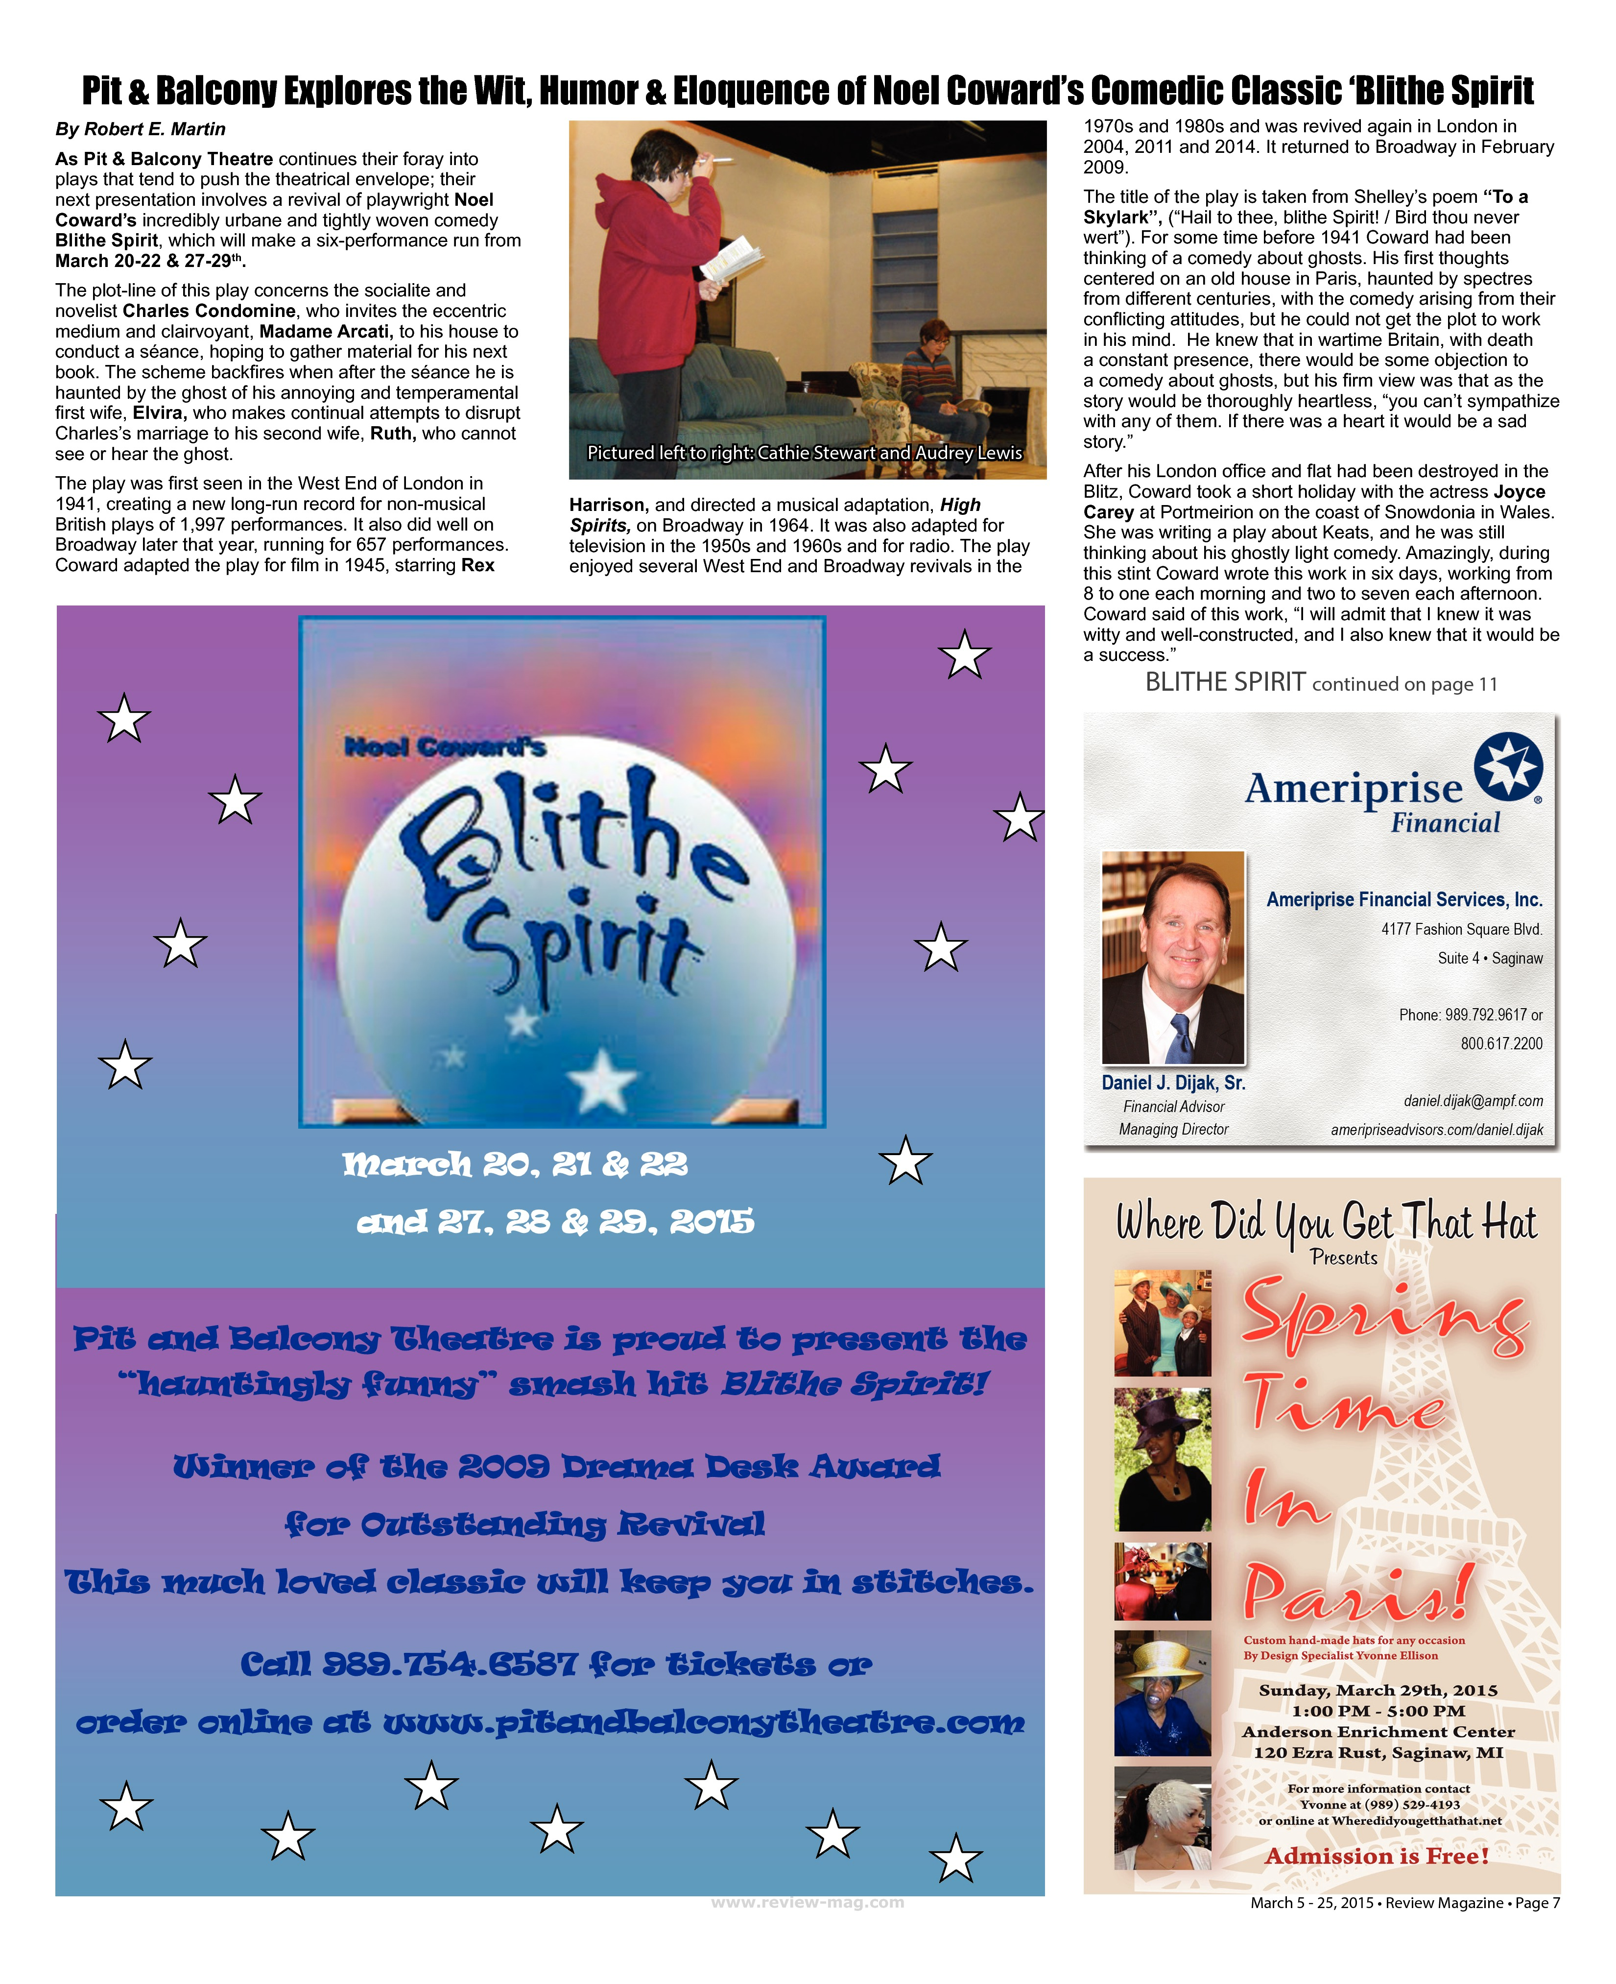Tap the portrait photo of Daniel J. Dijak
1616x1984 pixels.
[x=1173, y=957]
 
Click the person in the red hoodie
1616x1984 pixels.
[x=652, y=270]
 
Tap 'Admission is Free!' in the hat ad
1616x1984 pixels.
[x=1377, y=1856]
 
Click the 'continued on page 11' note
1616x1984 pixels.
[x=1404, y=684]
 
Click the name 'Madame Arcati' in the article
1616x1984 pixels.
[x=324, y=332]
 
